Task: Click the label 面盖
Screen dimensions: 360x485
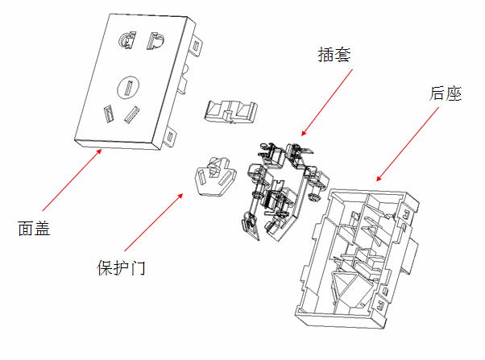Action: click(x=34, y=229)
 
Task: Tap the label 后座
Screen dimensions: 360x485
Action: click(x=445, y=94)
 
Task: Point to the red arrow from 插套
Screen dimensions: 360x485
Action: click(x=326, y=101)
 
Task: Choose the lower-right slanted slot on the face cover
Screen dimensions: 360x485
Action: click(x=131, y=115)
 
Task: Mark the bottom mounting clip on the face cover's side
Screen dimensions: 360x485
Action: click(x=170, y=137)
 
